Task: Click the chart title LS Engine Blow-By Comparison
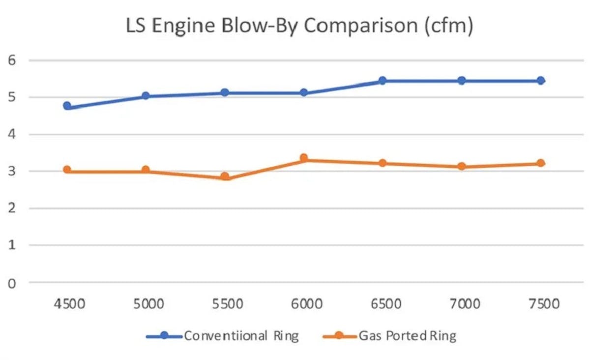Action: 299,26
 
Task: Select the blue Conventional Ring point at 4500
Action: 67,106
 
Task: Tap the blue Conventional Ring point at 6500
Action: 383,81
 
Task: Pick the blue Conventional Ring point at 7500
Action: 540,81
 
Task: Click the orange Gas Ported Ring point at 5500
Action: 225,176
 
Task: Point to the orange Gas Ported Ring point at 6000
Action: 304,158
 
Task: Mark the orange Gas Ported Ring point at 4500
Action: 67,170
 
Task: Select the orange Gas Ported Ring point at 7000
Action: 462,166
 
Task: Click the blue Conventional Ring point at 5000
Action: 146,96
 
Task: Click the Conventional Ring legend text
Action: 241,336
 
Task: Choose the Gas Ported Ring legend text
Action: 408,336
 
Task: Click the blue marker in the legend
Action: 164,336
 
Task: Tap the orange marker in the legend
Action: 339,336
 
